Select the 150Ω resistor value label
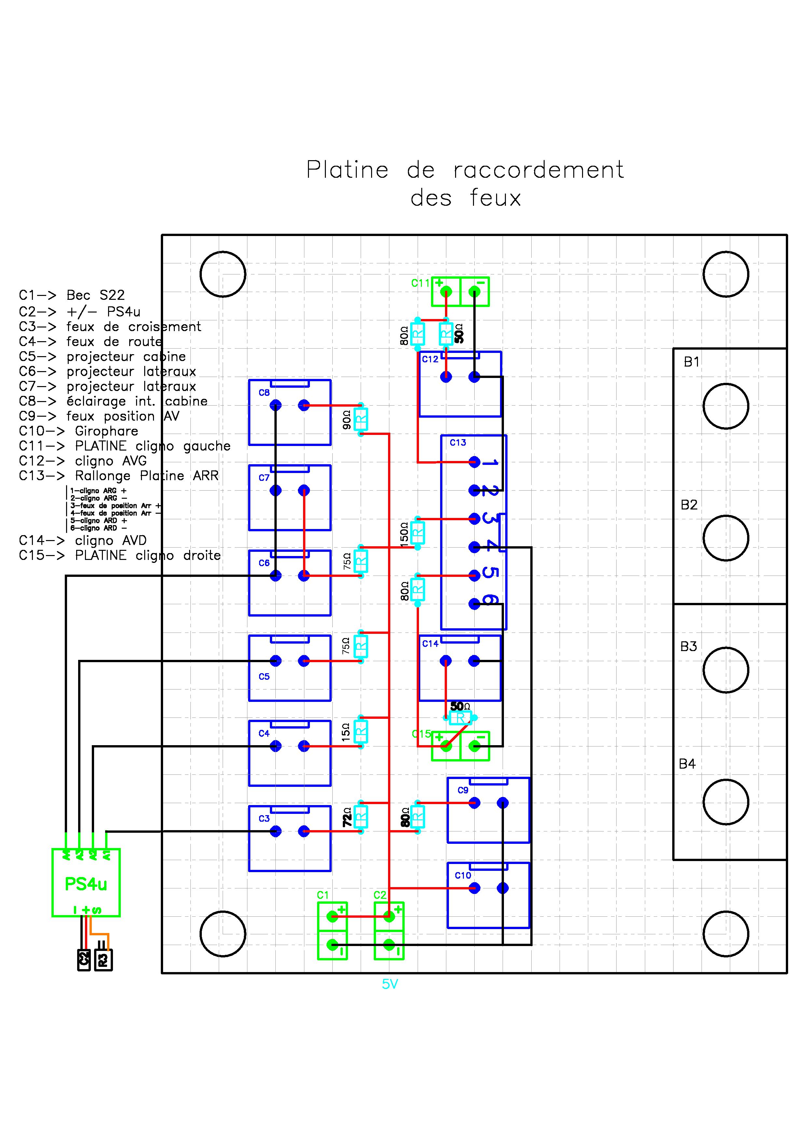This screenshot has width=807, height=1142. pyautogui.click(x=404, y=535)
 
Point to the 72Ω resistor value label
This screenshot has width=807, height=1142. pyautogui.click(x=347, y=817)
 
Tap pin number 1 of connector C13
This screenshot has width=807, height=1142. pyautogui.click(x=490, y=463)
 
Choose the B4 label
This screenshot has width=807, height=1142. pyautogui.click(x=687, y=764)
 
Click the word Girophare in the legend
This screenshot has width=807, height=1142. pyautogui.click(x=106, y=431)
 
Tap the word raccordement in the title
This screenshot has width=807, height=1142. pyautogui.click(x=538, y=170)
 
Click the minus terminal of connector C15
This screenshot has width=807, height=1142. pyautogui.click(x=475, y=746)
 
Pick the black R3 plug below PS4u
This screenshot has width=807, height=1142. pyautogui.click(x=103, y=960)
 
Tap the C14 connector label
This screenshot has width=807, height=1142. pyautogui.click(x=430, y=644)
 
